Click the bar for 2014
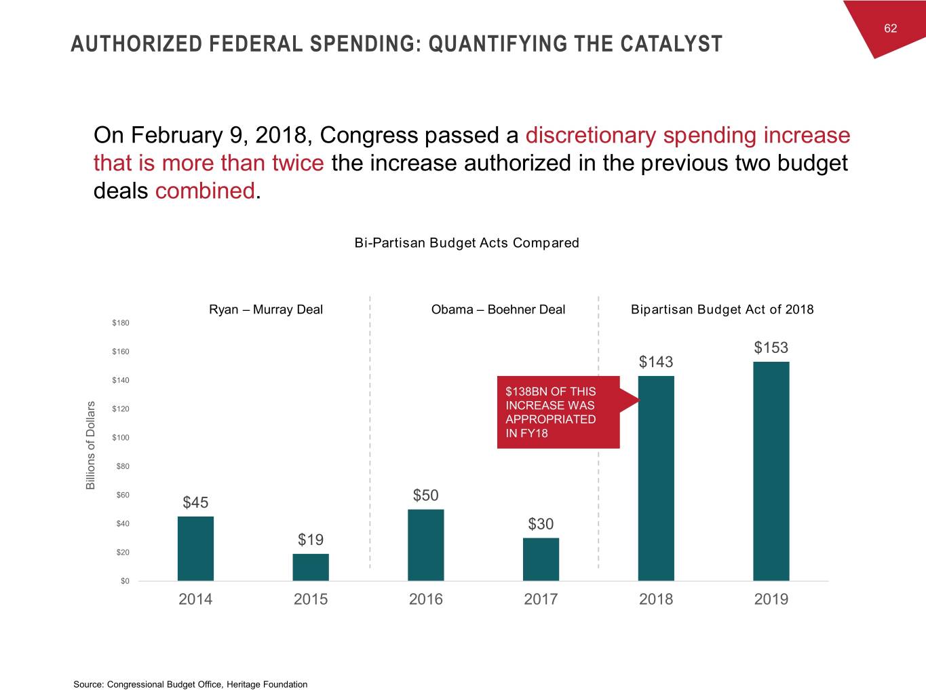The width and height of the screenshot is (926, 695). tap(195, 548)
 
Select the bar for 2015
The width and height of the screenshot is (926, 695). tap(311, 567)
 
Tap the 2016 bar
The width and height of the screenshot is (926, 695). tap(425, 545)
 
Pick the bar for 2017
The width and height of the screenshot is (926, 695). tap(541, 559)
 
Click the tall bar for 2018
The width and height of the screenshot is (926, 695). tap(656, 478)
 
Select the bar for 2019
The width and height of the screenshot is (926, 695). tap(771, 471)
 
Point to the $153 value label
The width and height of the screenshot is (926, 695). tap(771, 347)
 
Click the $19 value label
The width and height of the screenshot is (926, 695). tap(311, 540)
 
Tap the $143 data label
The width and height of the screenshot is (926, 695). tap(656, 362)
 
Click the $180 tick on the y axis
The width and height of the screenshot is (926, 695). tap(121, 322)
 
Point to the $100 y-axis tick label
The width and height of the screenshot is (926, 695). tap(121, 438)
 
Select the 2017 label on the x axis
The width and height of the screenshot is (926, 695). tap(541, 599)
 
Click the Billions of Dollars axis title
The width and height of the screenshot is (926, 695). tap(90, 445)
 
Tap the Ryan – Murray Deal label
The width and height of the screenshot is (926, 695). tap(266, 309)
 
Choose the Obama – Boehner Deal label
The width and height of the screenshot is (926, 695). tap(498, 309)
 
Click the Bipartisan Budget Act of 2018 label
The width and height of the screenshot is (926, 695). tap(722, 309)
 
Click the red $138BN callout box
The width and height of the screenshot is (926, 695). tap(558, 412)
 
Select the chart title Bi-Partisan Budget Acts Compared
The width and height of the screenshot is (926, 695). tap(467, 243)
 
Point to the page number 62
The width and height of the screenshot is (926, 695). tap(890, 28)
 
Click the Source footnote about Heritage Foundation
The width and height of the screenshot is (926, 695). tap(191, 684)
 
